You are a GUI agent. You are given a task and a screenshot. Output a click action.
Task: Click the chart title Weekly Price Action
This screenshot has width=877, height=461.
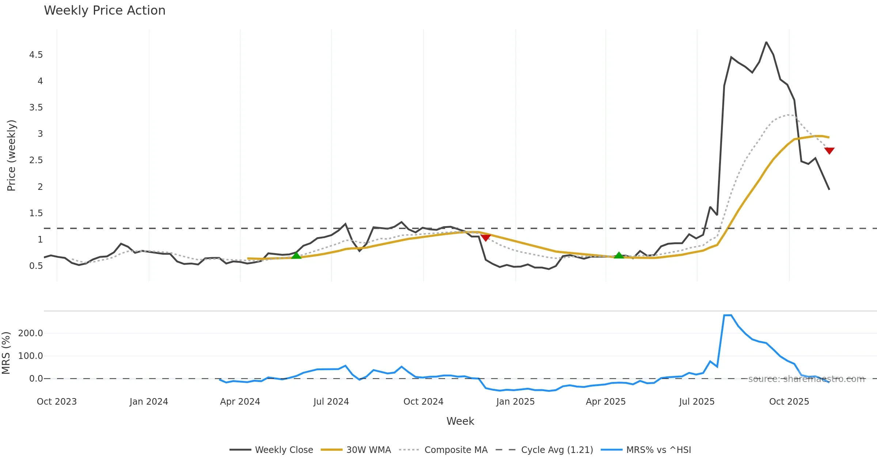point(105,11)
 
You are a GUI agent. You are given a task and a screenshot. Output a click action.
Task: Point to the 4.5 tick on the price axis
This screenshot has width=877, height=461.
point(36,55)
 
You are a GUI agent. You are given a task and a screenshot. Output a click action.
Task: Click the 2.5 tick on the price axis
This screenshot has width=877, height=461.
point(36,160)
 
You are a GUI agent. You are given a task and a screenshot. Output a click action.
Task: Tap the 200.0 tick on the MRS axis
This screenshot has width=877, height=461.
point(31,333)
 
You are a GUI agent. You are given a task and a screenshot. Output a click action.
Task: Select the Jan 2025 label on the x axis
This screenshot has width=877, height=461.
point(515,402)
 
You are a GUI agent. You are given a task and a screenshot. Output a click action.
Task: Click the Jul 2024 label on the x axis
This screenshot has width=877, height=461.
point(331,402)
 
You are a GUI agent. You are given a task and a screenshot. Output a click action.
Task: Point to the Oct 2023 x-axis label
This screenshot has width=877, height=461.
point(57,402)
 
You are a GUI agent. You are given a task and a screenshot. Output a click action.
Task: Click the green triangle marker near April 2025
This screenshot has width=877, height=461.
point(619,255)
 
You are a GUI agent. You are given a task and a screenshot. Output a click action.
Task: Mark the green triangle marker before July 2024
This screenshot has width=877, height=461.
point(296,255)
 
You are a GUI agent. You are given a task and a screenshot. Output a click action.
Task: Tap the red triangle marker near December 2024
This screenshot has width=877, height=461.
point(486,238)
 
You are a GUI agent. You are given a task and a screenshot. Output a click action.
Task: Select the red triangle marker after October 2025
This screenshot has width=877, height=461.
point(829,151)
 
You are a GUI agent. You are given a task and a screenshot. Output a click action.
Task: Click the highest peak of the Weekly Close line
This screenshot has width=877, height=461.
point(766,42)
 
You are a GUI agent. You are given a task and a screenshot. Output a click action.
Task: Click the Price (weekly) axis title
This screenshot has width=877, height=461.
point(11,155)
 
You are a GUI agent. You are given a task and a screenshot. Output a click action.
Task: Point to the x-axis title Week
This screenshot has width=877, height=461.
point(460,421)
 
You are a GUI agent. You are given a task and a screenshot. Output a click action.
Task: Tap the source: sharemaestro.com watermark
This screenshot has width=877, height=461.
point(806,379)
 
